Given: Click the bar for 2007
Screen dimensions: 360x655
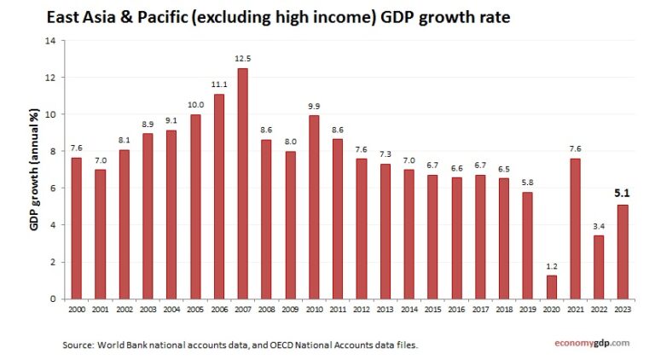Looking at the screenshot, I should (243, 183).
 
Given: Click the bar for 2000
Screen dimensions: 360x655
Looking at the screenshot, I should (76, 228).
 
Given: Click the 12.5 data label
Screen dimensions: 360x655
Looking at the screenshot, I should (243, 58).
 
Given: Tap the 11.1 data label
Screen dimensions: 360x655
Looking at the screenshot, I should (219, 84).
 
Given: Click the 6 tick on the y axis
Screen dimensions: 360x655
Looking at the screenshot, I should (52, 189).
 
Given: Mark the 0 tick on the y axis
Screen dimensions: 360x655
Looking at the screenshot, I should (52, 299).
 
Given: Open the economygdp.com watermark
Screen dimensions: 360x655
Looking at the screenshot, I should (588, 343).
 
